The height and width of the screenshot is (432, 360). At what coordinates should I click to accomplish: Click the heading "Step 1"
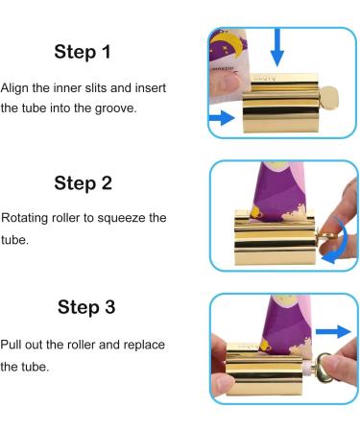coord(83,52)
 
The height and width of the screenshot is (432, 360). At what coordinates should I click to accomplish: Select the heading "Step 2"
coord(83,183)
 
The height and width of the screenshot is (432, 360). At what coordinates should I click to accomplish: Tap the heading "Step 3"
coord(86,307)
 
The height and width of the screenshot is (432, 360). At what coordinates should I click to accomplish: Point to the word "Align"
coord(14,88)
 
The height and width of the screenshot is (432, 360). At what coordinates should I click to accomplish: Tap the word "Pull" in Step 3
coord(11,345)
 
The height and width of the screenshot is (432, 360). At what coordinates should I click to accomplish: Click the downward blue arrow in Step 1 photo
coord(277,47)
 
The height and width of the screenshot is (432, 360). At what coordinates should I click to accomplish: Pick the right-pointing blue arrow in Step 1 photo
coord(222,118)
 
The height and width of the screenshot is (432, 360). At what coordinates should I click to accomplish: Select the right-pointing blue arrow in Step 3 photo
coord(333,331)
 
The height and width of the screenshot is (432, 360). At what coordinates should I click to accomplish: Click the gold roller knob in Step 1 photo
coord(328,98)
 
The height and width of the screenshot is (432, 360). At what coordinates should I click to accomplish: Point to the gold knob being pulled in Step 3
coord(325,368)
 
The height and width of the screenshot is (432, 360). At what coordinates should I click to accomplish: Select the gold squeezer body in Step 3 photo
coord(264,369)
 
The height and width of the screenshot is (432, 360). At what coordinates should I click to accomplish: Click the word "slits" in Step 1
coord(93,87)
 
